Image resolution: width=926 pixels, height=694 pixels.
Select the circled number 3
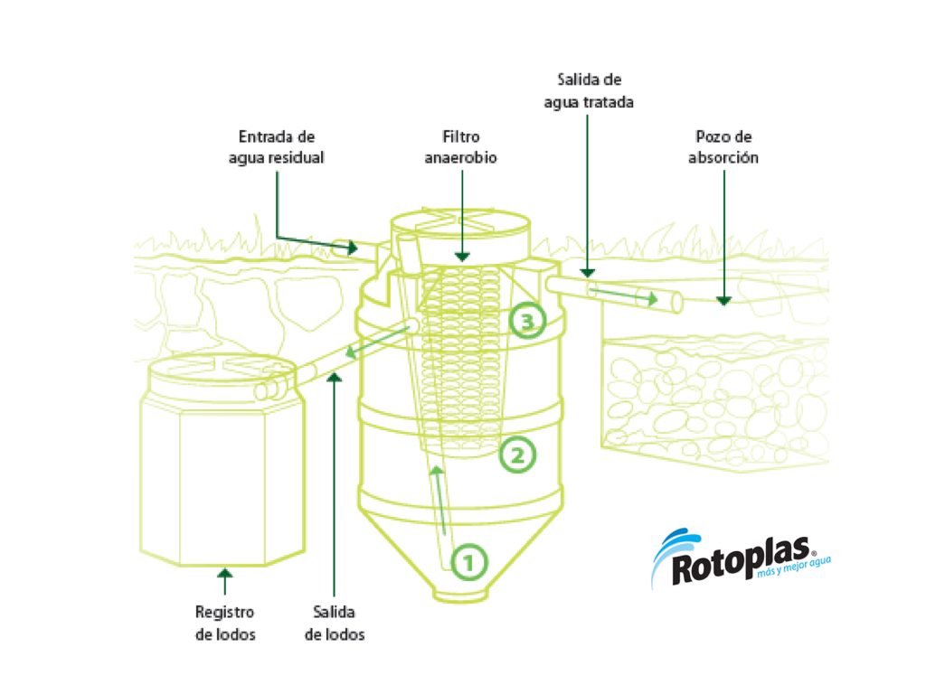pos(527,320)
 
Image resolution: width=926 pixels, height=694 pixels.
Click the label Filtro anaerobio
pos(461,146)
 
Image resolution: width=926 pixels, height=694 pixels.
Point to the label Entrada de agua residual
pos(276,146)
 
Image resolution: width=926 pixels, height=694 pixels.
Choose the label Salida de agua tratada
pos(588,90)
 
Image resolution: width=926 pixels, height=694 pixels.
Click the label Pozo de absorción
pos(723,146)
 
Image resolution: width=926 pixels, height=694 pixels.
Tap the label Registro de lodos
pos(225,624)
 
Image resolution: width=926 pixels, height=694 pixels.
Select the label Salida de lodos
pos(335,624)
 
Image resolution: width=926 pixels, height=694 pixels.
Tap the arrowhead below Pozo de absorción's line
pos(723,299)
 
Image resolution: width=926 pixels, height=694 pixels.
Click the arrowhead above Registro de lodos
pos(225,573)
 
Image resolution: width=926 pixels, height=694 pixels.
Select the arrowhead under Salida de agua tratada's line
pos(588,270)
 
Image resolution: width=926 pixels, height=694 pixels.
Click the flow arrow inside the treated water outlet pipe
pos(624,295)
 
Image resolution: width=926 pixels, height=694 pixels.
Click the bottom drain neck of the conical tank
pos(461,593)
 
